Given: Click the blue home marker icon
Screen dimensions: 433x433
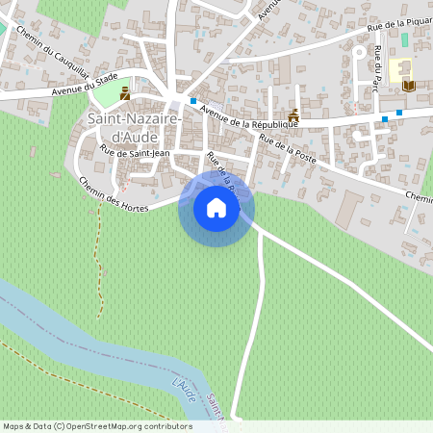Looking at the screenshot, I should tap(216, 208).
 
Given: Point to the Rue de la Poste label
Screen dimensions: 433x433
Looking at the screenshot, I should tap(288, 144).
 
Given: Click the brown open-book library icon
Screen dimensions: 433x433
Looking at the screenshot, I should tap(409, 85).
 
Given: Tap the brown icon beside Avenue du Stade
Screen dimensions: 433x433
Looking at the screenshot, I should tap(125, 93).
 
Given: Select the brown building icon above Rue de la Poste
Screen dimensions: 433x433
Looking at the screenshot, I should tap(293, 117).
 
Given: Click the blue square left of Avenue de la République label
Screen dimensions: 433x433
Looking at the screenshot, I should tap(192, 101).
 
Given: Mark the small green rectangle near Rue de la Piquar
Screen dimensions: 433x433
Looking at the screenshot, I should tap(404, 39).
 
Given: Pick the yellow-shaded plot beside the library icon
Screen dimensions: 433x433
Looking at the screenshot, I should tap(396, 70).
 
